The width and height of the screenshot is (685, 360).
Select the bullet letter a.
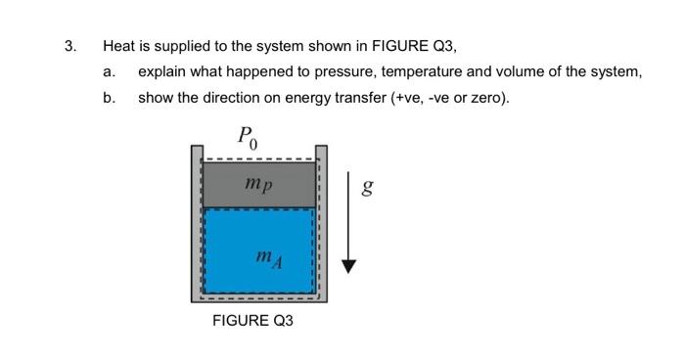click(109, 72)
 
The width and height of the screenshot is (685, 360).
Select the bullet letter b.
click(109, 98)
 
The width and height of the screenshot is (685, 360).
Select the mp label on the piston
click(259, 183)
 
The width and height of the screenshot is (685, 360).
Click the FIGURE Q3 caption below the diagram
click(253, 321)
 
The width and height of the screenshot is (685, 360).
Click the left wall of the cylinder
click(196, 225)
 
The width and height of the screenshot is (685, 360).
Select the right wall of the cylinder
click(322, 225)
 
